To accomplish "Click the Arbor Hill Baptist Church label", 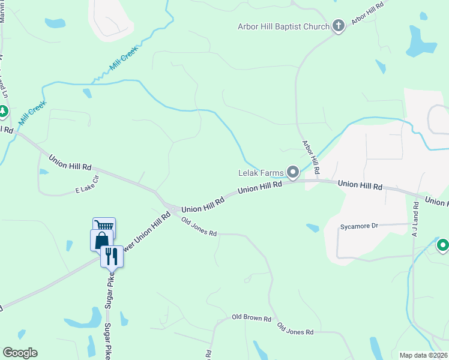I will (x=283, y=26).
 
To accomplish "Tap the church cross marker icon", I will (x=339, y=26).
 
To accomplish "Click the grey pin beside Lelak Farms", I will (x=293, y=173).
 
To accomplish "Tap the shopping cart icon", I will (x=104, y=227).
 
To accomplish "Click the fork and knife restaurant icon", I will (x=112, y=256).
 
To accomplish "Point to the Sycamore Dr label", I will (x=359, y=227).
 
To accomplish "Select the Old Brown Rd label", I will (x=252, y=317).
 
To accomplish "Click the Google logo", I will (x=20, y=353).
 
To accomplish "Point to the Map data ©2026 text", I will (x=424, y=355).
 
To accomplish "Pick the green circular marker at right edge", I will (x=443, y=245).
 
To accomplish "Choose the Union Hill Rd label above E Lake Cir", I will (x=70, y=163).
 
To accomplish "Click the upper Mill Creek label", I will (x=124, y=60).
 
